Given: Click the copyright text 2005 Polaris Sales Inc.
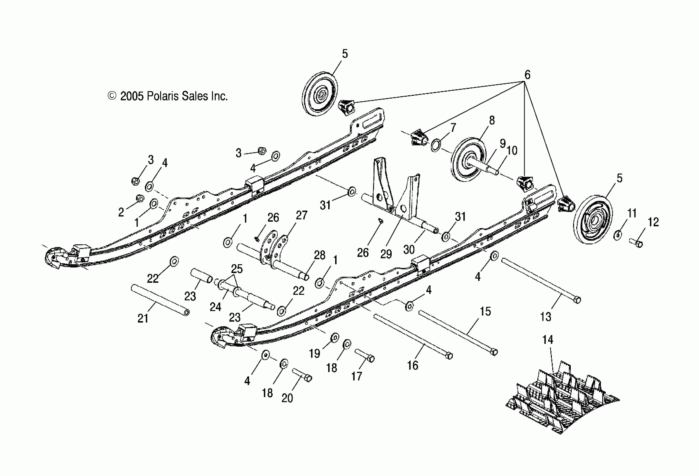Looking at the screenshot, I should (168, 96).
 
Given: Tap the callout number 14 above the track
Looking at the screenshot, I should (547, 340).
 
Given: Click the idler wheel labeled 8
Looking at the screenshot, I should (470, 160).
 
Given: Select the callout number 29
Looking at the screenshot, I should (386, 254).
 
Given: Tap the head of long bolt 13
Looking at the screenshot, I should (577, 300).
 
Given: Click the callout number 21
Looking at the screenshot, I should (143, 318).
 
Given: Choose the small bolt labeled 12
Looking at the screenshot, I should (636, 243).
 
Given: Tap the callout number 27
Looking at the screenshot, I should (301, 215).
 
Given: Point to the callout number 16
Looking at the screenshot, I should (413, 365).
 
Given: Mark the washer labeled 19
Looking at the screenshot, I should (335, 337).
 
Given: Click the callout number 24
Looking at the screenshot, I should (215, 307).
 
